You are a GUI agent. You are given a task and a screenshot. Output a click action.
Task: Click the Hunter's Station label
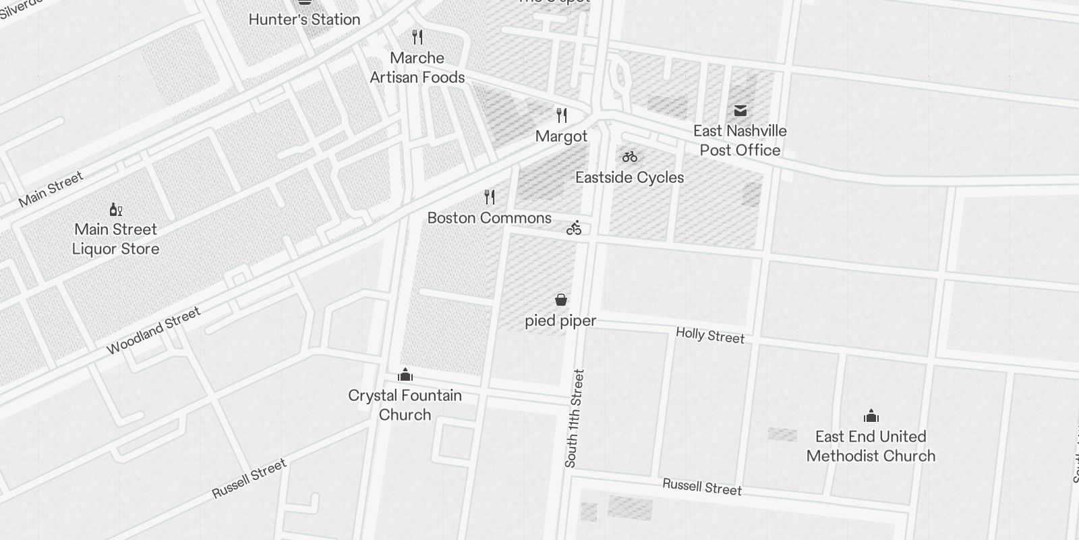tap(304, 20)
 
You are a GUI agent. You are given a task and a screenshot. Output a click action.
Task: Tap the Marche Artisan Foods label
tap(417, 67)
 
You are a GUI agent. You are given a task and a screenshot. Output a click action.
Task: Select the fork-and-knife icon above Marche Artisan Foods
tap(417, 36)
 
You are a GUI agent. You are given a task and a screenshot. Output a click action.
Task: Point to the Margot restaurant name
tap(561, 136)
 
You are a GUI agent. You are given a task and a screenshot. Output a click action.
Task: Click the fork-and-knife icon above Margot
tap(561, 115)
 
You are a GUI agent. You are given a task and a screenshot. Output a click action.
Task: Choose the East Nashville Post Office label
tap(740, 140)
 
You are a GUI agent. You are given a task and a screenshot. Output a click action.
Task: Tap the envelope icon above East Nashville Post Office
tap(740, 111)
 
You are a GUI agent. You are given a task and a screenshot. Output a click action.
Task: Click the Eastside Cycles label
tap(629, 178)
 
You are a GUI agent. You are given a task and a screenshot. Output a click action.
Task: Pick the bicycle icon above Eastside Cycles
tap(630, 157)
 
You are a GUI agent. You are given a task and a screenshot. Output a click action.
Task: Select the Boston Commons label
tap(490, 218)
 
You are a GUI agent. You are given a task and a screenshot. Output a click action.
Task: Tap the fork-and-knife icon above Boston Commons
tap(490, 197)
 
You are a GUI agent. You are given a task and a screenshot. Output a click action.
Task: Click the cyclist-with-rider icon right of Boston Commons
tap(574, 228)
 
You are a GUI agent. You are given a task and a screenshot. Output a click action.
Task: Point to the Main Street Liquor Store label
tap(116, 239)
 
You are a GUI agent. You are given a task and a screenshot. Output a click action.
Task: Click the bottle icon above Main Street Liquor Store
tap(116, 209)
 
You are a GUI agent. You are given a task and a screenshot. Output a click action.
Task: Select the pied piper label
tap(560, 321)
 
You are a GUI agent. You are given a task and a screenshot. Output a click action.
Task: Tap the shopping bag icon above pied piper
tap(560, 299)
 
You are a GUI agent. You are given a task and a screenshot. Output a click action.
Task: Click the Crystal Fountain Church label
tap(405, 405)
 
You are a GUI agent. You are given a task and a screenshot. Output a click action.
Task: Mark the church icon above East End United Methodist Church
tap(871, 415)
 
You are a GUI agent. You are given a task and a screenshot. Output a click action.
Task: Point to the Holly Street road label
tap(710, 335)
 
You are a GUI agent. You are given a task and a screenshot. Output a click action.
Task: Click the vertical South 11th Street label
tap(575, 418)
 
